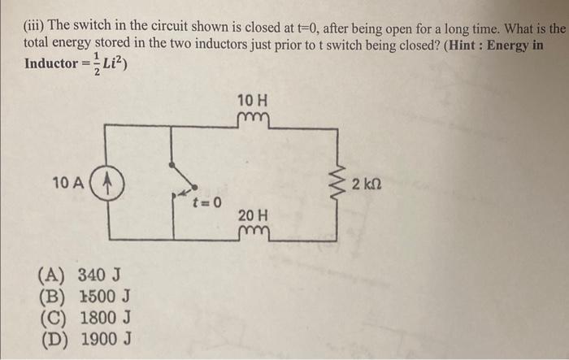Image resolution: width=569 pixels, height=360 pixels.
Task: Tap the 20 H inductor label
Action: (253, 215)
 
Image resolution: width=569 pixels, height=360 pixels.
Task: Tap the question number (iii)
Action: (33, 27)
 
